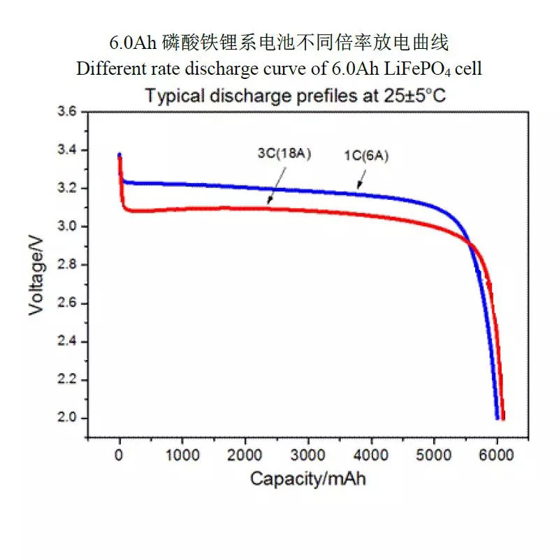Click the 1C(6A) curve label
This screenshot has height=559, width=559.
366,157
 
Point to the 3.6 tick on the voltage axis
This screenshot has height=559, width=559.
69,112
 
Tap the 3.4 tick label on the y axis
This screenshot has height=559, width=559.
69,151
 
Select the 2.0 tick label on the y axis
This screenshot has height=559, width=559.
69,419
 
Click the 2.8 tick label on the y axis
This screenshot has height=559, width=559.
69,266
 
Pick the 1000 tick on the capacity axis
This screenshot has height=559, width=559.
182,454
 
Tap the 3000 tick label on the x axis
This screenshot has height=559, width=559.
308,454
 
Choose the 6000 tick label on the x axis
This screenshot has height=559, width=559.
497,454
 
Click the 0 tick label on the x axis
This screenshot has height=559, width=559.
119,454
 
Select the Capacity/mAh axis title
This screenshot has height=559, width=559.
308,479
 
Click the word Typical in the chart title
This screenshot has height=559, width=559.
170,96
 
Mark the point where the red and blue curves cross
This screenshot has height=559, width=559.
470,244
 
